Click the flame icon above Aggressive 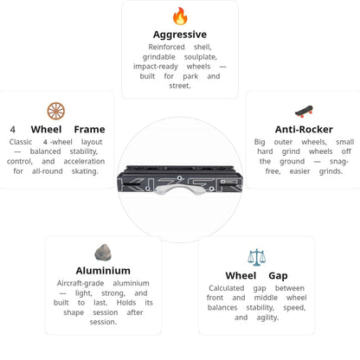click(x=180, y=16)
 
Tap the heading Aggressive click(x=180, y=35)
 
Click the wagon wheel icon click(x=56, y=111)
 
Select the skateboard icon click(x=304, y=112)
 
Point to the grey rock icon click(x=103, y=253)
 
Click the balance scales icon click(x=256, y=257)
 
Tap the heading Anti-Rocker click(x=304, y=129)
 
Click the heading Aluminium click(x=103, y=271)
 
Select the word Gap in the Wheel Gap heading click(x=278, y=276)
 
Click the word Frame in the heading click(x=89, y=129)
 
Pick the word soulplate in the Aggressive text click(x=201, y=57)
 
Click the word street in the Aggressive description click(x=180, y=86)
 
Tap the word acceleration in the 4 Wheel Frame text click(x=84, y=161)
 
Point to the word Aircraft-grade click(x=80, y=284)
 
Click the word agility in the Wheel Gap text click(x=267, y=318)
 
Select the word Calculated click(x=227, y=288)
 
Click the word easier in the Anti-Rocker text click(x=300, y=171)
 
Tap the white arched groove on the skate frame click(x=180, y=189)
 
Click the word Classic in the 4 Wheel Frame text click(x=21, y=142)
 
